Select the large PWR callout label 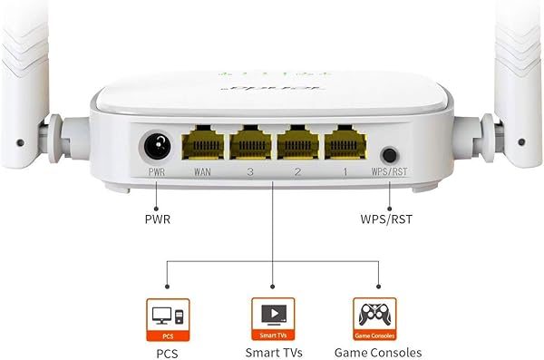(157, 219)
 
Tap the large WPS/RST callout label (391, 219)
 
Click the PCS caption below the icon (169, 352)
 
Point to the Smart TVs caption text (272, 352)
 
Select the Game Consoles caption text (376, 352)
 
